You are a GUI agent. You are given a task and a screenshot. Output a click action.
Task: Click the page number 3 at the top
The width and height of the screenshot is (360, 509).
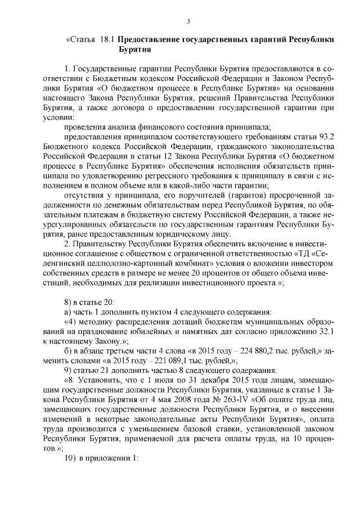[x=189, y=22]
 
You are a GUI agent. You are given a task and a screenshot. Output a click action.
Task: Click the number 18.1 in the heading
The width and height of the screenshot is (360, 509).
[x=107, y=40]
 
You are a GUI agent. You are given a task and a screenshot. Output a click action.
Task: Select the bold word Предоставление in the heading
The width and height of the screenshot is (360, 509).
[x=151, y=40]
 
